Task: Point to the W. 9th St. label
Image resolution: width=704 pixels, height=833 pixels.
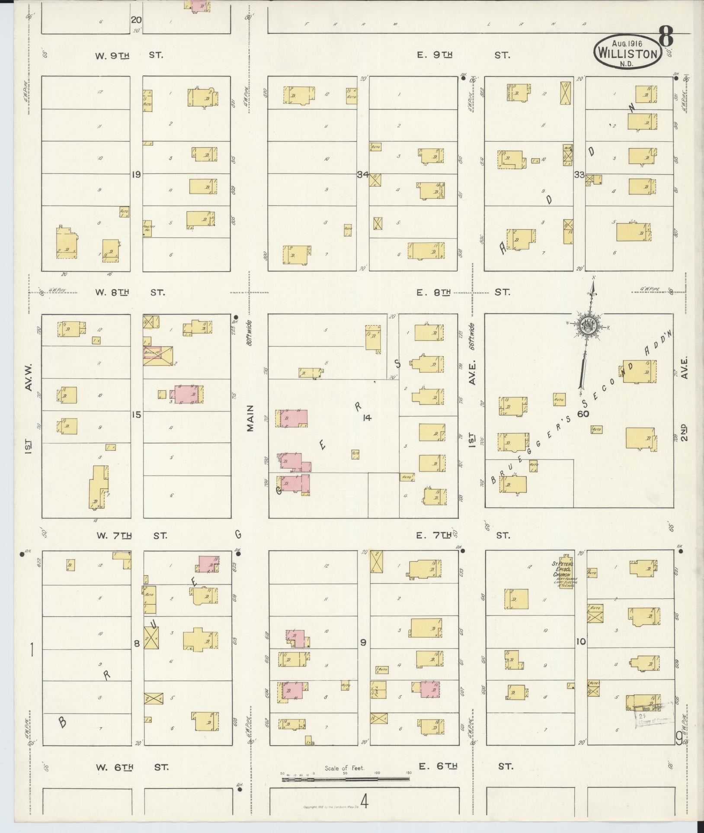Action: [x=128, y=55]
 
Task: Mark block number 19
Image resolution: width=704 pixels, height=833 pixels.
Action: [x=136, y=175]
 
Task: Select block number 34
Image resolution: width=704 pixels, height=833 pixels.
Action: [x=362, y=175]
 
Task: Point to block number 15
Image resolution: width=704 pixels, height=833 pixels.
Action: [x=136, y=415]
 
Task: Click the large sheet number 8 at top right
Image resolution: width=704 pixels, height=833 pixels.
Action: [x=666, y=37]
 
